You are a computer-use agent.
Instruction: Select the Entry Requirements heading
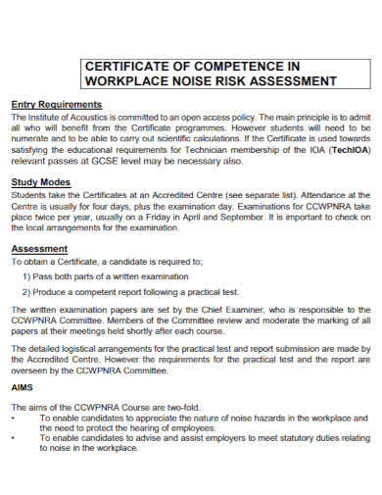pos(56,104)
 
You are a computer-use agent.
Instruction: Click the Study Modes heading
pos(41,183)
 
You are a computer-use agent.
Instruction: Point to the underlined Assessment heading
pos(39,249)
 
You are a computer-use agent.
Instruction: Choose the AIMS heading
pos(23,388)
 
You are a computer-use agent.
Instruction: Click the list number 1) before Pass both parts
pos(25,277)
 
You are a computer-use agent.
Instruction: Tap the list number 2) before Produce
pos(25,292)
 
